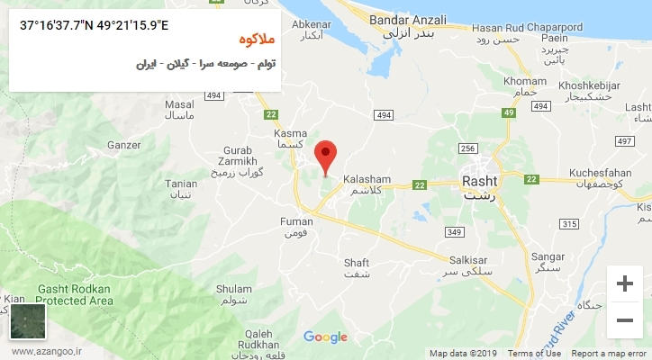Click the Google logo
[x=325, y=337]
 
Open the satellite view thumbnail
[x=28, y=321]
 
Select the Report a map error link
[x=608, y=354]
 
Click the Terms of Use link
[x=535, y=354]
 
